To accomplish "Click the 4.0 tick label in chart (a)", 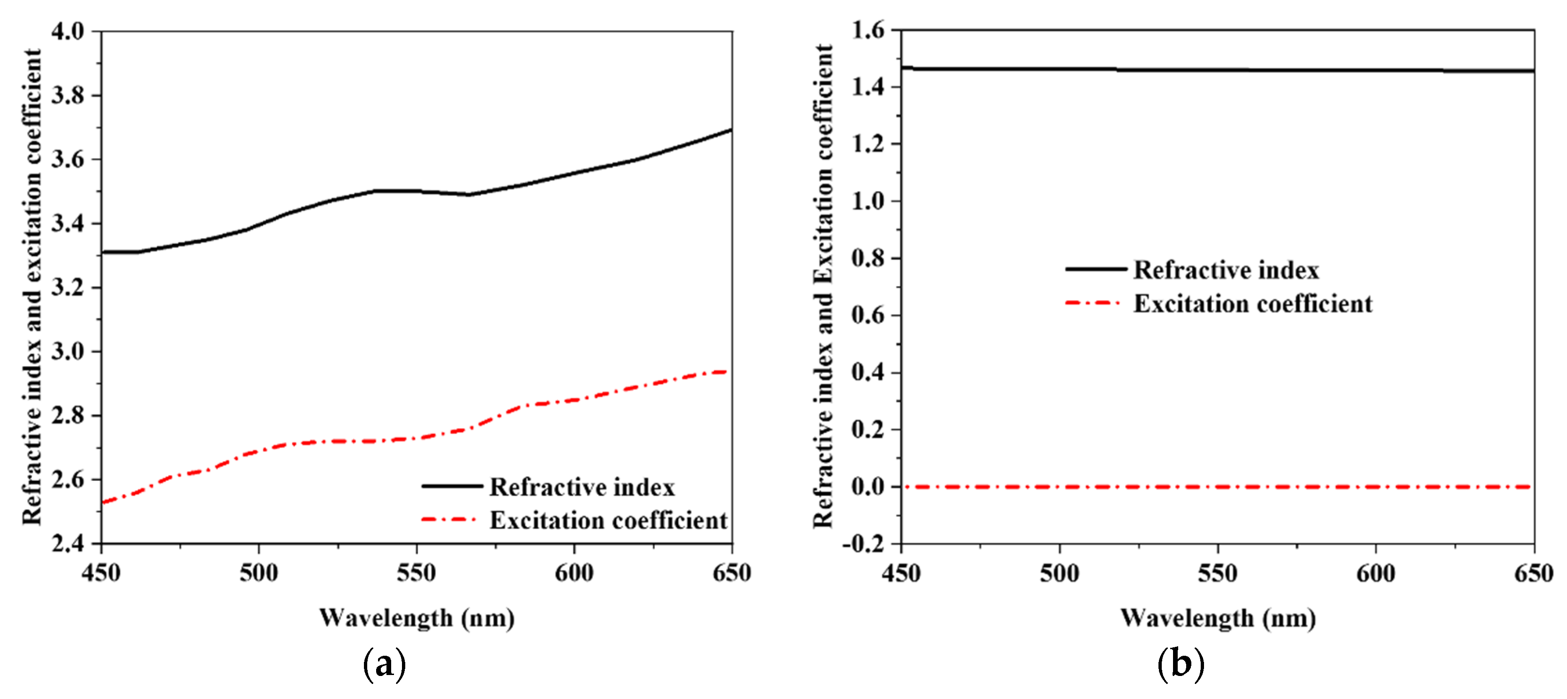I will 68,31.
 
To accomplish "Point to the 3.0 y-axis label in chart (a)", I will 68,351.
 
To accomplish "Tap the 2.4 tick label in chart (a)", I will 68,542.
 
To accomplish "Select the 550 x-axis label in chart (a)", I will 416,573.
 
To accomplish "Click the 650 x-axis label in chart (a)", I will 731,573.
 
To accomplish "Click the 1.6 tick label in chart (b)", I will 868,30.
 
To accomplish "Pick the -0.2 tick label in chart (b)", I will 863,544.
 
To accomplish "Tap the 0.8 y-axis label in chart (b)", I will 868,258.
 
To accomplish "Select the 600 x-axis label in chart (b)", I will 1376,573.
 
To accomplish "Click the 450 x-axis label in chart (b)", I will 901,573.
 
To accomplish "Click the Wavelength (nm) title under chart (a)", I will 417,618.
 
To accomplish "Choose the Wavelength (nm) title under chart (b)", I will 1218,618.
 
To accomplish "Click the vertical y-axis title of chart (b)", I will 823,286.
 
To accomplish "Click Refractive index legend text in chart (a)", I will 582,487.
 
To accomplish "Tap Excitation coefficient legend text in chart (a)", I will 608,520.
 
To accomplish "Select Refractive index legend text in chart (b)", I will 1226,270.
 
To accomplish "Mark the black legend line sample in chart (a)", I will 451,486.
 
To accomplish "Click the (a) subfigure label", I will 385,664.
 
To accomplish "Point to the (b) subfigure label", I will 1181,664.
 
